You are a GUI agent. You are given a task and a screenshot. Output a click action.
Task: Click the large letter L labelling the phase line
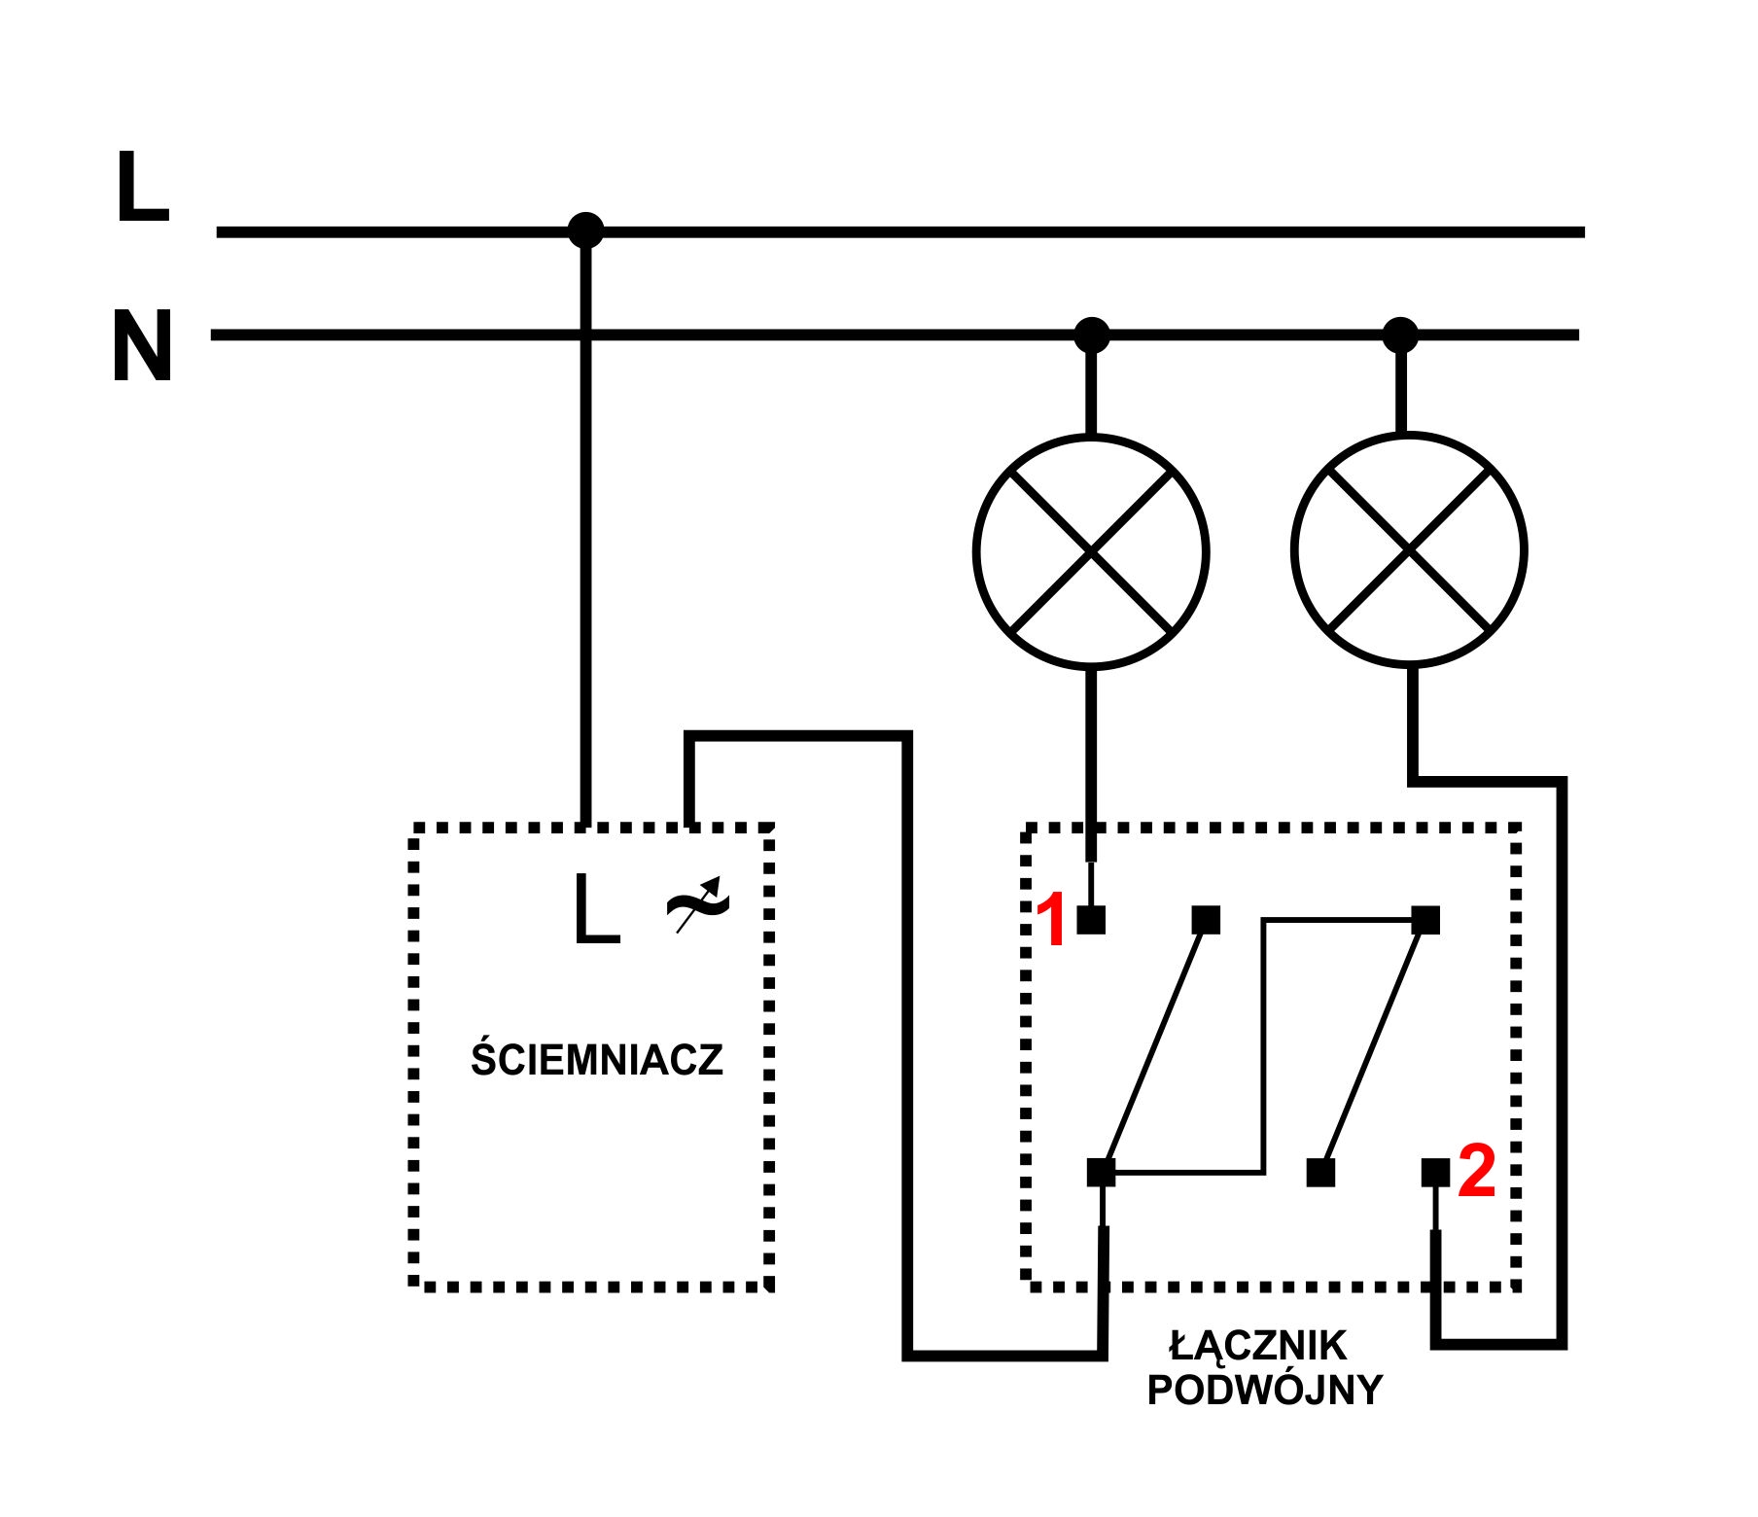click(x=142, y=187)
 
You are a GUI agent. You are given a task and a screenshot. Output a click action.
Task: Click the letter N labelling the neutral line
click(x=142, y=346)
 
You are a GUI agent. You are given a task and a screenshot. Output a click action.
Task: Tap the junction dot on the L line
click(x=585, y=230)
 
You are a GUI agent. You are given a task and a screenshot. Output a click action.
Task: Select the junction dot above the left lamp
click(x=1092, y=335)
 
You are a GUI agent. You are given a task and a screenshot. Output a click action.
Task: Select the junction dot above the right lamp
click(x=1400, y=335)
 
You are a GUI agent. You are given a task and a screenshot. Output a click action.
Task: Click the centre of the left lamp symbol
click(x=1092, y=551)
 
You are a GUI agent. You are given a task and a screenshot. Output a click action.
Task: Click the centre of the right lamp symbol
click(x=1409, y=550)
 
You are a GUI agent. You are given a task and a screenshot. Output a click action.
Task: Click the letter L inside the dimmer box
click(x=596, y=908)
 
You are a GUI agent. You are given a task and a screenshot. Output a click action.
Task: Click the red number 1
click(x=1052, y=920)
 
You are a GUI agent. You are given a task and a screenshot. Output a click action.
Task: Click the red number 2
click(x=1476, y=1171)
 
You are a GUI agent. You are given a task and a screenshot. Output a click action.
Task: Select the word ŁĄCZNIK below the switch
click(x=1258, y=1346)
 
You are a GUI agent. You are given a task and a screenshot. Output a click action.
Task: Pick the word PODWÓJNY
click(x=1264, y=1391)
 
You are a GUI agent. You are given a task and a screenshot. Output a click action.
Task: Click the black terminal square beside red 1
click(x=1091, y=920)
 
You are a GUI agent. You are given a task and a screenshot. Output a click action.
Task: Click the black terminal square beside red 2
click(x=1435, y=1173)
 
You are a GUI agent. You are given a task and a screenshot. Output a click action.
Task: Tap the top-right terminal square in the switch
click(x=1425, y=920)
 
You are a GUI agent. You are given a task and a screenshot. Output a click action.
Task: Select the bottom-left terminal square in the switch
click(x=1101, y=1173)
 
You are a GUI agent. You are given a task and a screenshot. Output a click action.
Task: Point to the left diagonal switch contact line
click(x=1154, y=1046)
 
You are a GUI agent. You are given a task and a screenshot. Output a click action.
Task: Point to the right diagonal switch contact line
click(x=1373, y=1046)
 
